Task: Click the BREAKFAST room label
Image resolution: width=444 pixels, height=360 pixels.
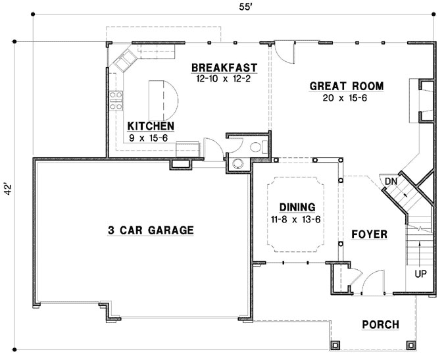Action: (x=224, y=68)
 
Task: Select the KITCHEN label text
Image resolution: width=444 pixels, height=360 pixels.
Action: (x=151, y=126)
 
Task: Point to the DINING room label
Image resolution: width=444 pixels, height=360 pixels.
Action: (x=295, y=206)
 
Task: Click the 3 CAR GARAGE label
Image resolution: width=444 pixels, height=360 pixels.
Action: (x=151, y=230)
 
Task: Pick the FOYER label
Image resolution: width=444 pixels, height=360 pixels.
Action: (x=368, y=234)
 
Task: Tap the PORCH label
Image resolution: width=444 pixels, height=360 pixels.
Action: (x=380, y=324)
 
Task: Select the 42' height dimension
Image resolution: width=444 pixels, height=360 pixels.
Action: (x=7, y=190)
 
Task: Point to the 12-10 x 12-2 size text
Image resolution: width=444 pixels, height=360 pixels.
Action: (x=224, y=78)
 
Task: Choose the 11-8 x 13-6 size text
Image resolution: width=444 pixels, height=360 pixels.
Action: (x=295, y=219)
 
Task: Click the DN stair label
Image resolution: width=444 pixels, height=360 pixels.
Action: (x=391, y=181)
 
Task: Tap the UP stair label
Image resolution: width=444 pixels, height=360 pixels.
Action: (x=419, y=272)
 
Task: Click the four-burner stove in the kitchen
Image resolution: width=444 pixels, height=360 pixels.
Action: (x=116, y=98)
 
